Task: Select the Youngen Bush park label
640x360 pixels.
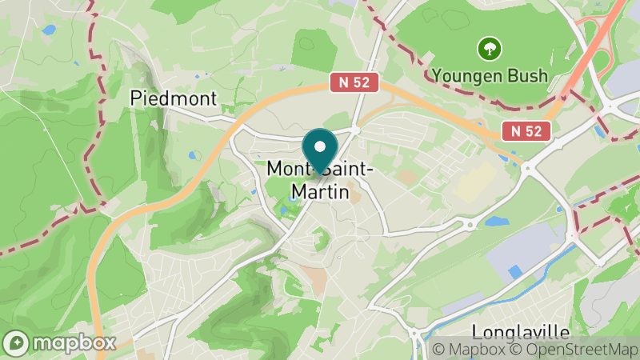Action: tap(490, 76)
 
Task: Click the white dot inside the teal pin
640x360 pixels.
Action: tap(321, 147)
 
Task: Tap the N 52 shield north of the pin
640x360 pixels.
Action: tap(354, 82)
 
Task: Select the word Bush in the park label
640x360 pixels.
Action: tap(526, 76)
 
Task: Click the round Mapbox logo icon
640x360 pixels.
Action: tap(17, 342)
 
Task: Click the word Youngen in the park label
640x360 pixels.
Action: tap(466, 76)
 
